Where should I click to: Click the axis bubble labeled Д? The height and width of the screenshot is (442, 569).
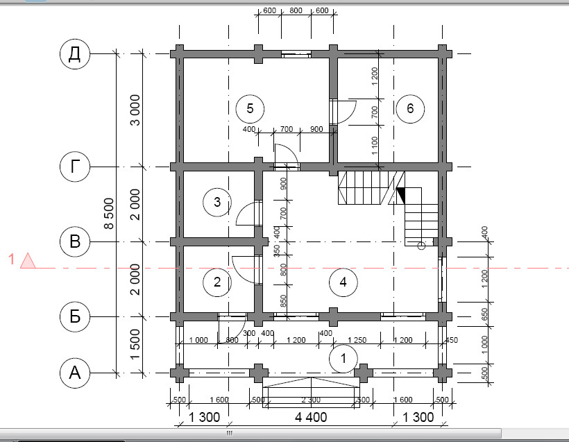click(75, 54)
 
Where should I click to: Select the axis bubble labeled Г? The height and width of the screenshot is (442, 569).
click(75, 167)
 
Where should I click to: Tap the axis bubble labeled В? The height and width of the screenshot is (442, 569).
click(75, 241)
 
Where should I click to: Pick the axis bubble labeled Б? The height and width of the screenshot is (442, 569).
click(75, 316)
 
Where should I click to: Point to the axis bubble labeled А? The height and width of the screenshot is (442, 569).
click(75, 373)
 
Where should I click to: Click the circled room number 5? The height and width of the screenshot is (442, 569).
click(250, 108)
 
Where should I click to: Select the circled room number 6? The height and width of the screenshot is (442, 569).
click(410, 108)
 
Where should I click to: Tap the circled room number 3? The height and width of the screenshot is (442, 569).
click(217, 202)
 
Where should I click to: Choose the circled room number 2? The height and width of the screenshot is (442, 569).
click(217, 282)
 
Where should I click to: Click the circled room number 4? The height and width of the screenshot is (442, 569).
click(343, 282)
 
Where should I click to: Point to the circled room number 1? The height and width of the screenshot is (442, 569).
click(343, 359)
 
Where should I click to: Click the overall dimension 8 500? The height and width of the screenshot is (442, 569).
click(109, 214)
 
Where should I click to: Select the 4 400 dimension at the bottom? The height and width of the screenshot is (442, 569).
click(311, 417)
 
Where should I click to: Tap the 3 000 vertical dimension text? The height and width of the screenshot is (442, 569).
click(135, 110)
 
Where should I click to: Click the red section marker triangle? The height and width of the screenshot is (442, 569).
click(28, 261)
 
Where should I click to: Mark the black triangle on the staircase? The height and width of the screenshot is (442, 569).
click(401, 196)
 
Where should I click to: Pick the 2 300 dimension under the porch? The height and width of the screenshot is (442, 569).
click(311, 400)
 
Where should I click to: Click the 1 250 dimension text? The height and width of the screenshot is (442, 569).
click(357, 340)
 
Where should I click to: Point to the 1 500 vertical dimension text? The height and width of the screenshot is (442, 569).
click(135, 344)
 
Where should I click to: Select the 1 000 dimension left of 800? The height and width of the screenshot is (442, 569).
click(198, 340)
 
